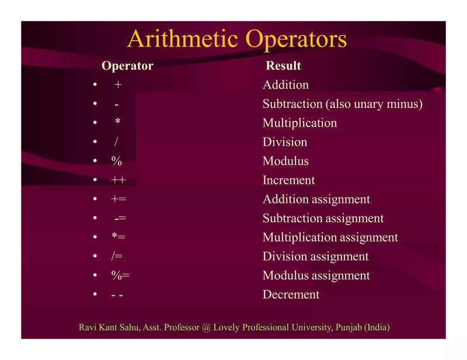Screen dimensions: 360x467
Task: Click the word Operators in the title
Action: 296,39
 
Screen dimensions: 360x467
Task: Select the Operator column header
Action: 127,66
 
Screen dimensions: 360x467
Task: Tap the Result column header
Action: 283,66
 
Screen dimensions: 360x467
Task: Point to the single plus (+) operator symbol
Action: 118,85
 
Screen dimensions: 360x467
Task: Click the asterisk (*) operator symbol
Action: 117,123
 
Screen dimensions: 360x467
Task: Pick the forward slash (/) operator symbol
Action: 116,142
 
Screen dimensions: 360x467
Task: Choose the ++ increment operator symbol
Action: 119,180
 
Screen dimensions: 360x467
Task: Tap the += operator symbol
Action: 119,200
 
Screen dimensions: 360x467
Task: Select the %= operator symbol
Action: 120,275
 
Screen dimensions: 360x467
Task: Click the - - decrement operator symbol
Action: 117,295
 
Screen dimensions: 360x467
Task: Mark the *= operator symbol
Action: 119,237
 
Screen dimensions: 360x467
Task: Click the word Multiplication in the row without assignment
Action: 299,123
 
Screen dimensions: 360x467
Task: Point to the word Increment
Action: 288,180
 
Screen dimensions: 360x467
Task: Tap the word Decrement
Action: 291,295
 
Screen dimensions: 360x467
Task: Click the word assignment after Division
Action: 339,257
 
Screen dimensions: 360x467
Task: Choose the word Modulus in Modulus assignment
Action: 285,275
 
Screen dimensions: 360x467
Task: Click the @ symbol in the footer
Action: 206,327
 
